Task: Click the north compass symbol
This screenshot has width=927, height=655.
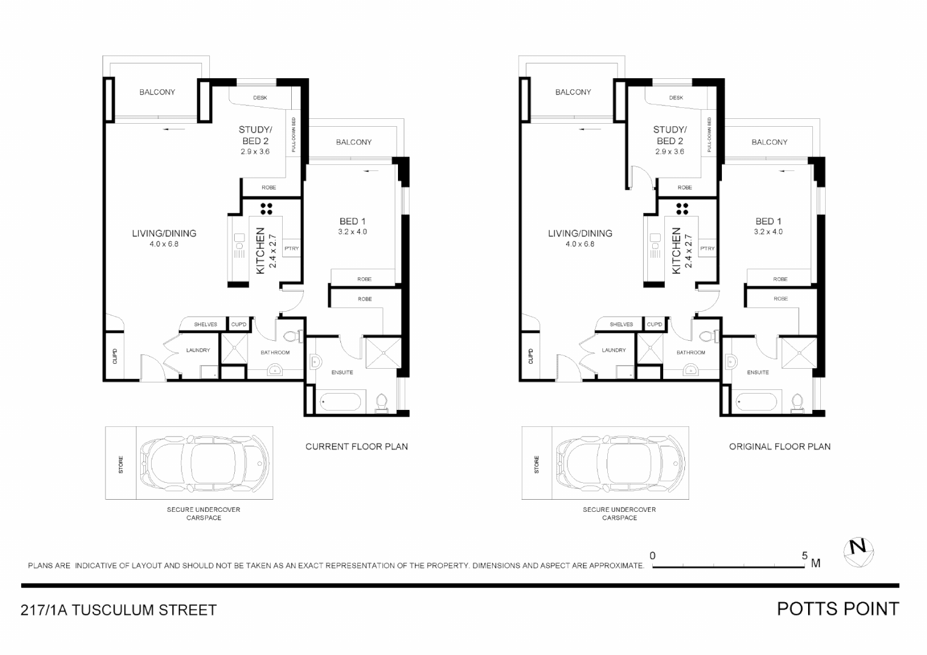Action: [x=858, y=553]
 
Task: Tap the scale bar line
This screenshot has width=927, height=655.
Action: [x=728, y=567]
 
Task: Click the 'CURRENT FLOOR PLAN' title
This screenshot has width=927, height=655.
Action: [x=356, y=446]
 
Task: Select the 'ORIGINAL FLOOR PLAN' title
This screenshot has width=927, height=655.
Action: [x=780, y=446]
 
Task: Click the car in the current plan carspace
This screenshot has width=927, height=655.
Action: [x=204, y=463]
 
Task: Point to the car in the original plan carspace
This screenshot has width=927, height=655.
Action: [x=620, y=463]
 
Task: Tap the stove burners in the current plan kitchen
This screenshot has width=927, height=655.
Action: [x=266, y=209]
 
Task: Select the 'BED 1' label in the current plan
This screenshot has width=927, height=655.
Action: [x=352, y=221]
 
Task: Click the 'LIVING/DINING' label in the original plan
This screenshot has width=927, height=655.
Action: [x=579, y=233]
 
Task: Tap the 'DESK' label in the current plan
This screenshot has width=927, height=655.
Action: [x=260, y=98]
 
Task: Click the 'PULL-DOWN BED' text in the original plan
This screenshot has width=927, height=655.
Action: [x=709, y=134]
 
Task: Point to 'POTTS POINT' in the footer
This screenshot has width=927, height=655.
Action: [x=838, y=609]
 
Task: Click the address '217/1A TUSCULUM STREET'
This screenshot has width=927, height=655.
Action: [x=118, y=610]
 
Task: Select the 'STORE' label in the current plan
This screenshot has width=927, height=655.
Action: [x=120, y=465]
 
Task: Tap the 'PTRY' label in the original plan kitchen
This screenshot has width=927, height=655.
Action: [x=707, y=248]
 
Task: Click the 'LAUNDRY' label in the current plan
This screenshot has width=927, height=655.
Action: [x=198, y=350]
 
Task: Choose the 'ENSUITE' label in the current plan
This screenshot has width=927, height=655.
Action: [x=342, y=372]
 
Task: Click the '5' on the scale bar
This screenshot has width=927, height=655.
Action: [x=804, y=556]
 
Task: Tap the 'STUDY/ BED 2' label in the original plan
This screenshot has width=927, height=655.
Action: [x=670, y=135]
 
